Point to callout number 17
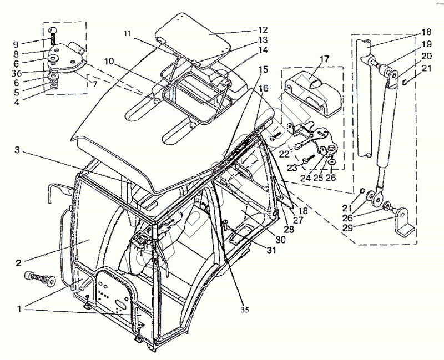pyautogui.click(x=325, y=58)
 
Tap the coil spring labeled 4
pyautogui.click(x=54, y=85)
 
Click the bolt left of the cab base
pyautogui.click(x=39, y=279)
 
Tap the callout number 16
pyautogui.click(x=263, y=88)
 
